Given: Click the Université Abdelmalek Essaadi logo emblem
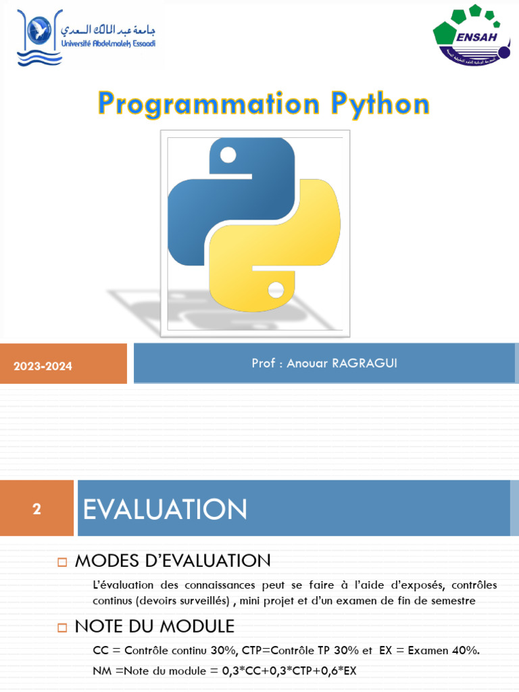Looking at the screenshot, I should [39, 37].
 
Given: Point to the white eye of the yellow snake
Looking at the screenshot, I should [275, 290].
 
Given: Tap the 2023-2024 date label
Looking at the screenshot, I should [43, 366].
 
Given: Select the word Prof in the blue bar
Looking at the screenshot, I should [264, 364].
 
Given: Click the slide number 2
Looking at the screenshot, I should [36, 509].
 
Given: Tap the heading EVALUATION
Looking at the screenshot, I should [165, 510].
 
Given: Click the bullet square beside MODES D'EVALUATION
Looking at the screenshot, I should [62, 562].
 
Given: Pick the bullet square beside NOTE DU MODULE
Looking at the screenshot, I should [62, 627].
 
